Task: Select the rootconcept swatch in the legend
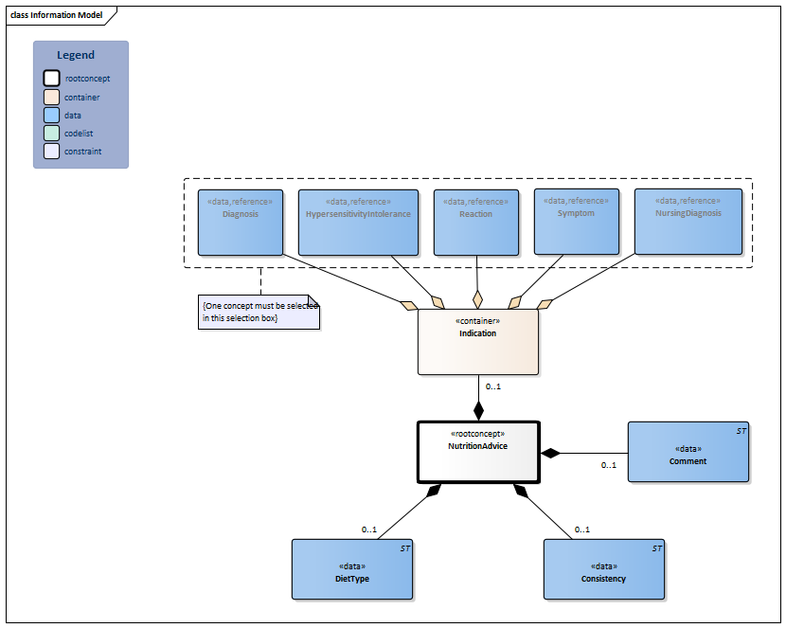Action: tap(51, 79)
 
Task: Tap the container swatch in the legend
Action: tap(51, 97)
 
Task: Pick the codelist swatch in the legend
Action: tap(51, 133)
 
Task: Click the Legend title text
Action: tap(76, 55)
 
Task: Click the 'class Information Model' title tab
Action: tap(57, 15)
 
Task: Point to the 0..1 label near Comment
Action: tap(609, 465)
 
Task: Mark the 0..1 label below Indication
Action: tap(493, 386)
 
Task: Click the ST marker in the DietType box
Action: tap(405, 548)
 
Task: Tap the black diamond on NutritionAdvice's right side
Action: tap(548, 454)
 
